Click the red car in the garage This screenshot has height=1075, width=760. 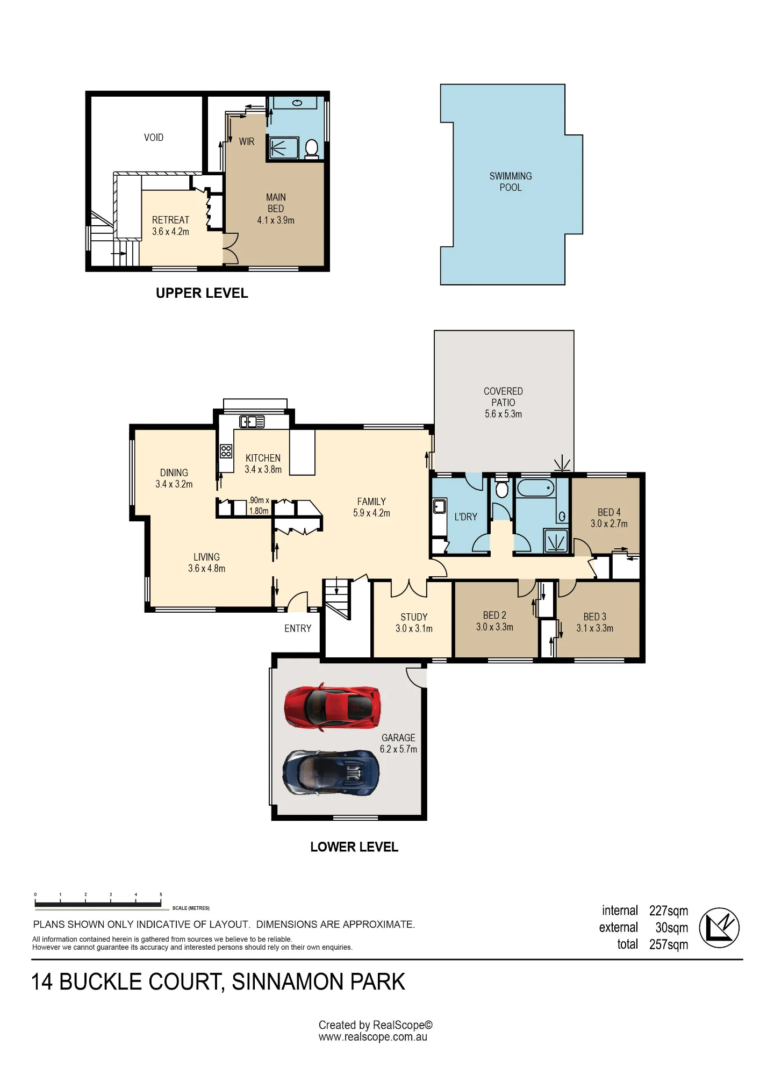(x=332, y=707)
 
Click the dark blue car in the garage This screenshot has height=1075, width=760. (x=331, y=773)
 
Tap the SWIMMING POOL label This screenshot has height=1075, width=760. (x=511, y=182)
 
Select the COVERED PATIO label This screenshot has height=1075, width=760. (x=503, y=397)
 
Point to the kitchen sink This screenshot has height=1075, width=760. (x=252, y=422)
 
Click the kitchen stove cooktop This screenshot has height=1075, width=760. (x=226, y=451)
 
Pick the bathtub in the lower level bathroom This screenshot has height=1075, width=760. (x=535, y=488)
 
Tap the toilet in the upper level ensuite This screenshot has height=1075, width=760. (x=311, y=148)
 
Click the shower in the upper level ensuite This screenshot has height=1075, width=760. (x=283, y=148)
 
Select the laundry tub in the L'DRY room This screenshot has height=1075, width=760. (x=440, y=506)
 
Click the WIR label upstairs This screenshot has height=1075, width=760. (x=247, y=141)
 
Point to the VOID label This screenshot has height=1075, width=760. (x=154, y=138)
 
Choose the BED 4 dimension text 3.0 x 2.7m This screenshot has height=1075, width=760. (x=609, y=524)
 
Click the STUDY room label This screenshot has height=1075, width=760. (x=414, y=617)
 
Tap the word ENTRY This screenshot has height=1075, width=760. (x=298, y=628)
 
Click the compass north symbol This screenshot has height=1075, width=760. (x=719, y=928)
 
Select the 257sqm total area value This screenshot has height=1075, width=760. (x=669, y=944)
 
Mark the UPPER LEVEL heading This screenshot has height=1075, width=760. (x=202, y=293)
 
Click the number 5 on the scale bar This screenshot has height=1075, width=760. (x=161, y=894)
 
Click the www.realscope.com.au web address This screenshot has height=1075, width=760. (x=373, y=1037)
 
